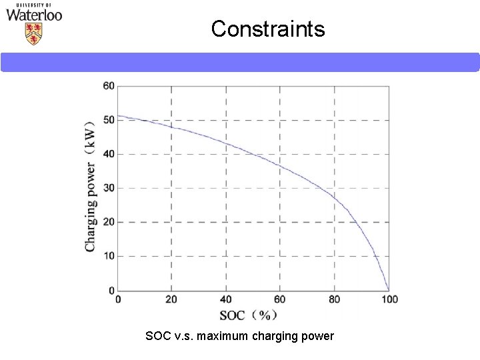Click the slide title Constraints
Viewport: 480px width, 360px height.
coord(268,29)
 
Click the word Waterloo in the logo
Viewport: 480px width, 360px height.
coord(34,15)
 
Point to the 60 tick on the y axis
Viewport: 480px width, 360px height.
coord(108,85)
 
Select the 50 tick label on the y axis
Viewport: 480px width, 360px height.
coord(108,119)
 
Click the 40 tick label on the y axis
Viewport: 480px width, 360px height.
coord(108,154)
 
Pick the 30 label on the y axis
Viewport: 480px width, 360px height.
coord(108,188)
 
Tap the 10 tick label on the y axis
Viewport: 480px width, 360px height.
coord(108,256)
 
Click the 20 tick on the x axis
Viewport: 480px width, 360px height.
coord(171,299)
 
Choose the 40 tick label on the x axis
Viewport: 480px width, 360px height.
coord(226,299)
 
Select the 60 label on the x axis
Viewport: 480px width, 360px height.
coord(280,299)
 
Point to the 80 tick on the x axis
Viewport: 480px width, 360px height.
coord(334,299)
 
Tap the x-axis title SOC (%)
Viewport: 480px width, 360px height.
coord(247,315)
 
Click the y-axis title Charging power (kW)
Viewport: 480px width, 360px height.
coord(90,187)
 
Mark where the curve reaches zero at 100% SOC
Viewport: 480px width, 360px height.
coord(389,290)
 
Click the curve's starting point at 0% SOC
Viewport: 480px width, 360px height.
coord(118,115)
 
